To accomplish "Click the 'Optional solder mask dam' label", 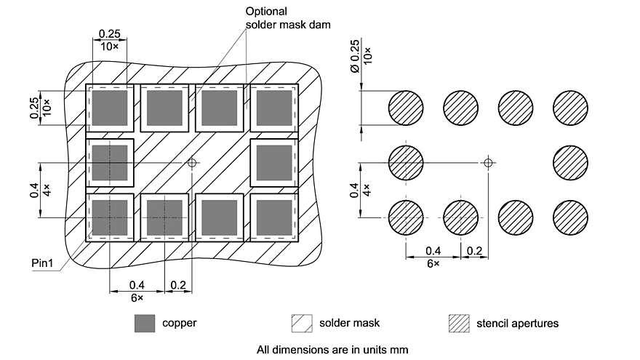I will coord(288,18).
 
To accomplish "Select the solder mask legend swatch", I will coord(301,323).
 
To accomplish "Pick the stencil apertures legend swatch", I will coord(458,323).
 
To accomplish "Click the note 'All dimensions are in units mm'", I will coord(332,349).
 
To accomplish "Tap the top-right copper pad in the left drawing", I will coord(273,108).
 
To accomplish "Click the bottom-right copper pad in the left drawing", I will coord(273,217).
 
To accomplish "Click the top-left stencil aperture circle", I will coord(407,108).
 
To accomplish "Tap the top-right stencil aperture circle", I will coord(571,108).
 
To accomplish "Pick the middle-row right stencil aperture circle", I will coord(571,163).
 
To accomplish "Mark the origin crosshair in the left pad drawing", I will coord(192,164).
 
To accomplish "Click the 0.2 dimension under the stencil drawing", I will coord(475,251).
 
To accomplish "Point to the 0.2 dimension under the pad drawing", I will coord(179,284).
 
